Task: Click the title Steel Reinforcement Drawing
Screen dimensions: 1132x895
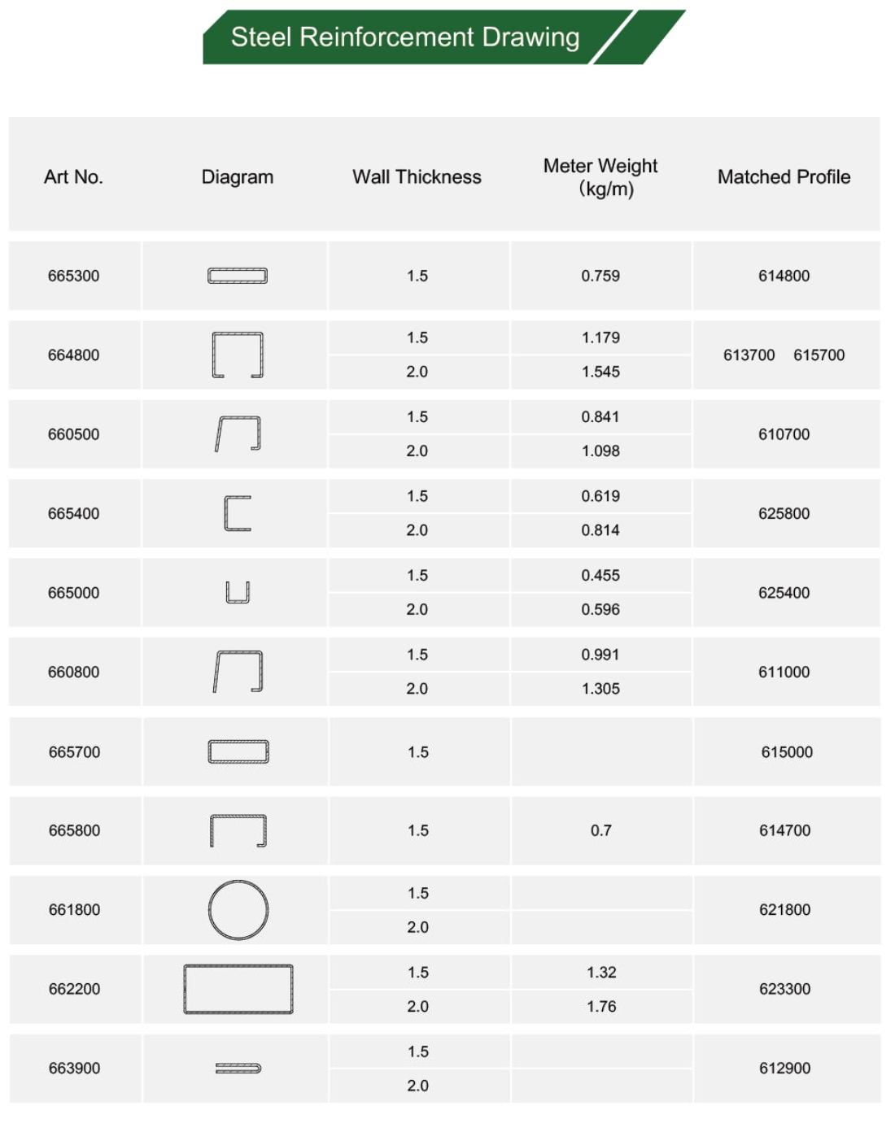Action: (404, 37)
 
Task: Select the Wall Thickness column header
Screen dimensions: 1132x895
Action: (417, 177)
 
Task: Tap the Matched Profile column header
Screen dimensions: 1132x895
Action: (784, 177)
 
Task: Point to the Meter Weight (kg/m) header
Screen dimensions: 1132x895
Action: (600, 177)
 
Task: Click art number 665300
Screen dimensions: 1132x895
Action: (73, 276)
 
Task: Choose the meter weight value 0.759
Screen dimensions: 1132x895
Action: (600, 276)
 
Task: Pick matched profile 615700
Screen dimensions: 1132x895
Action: (819, 355)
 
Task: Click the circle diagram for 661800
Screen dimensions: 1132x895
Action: (238, 910)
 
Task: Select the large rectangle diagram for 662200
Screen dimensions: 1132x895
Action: (238, 989)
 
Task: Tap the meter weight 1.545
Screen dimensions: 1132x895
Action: (600, 372)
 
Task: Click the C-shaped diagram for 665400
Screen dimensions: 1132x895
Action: (238, 513)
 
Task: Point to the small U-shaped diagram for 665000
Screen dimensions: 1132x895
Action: (238, 592)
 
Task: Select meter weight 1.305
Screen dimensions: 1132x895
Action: (600, 689)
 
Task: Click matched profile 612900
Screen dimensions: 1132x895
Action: (784, 1069)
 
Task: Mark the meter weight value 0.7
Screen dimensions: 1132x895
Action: (600, 830)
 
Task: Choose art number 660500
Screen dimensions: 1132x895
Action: (73, 434)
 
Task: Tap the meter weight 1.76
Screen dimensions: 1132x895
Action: (601, 1007)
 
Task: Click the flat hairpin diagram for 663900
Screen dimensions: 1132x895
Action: (238, 1068)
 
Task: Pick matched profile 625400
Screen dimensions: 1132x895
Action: (784, 593)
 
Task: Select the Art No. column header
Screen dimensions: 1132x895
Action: (73, 177)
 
